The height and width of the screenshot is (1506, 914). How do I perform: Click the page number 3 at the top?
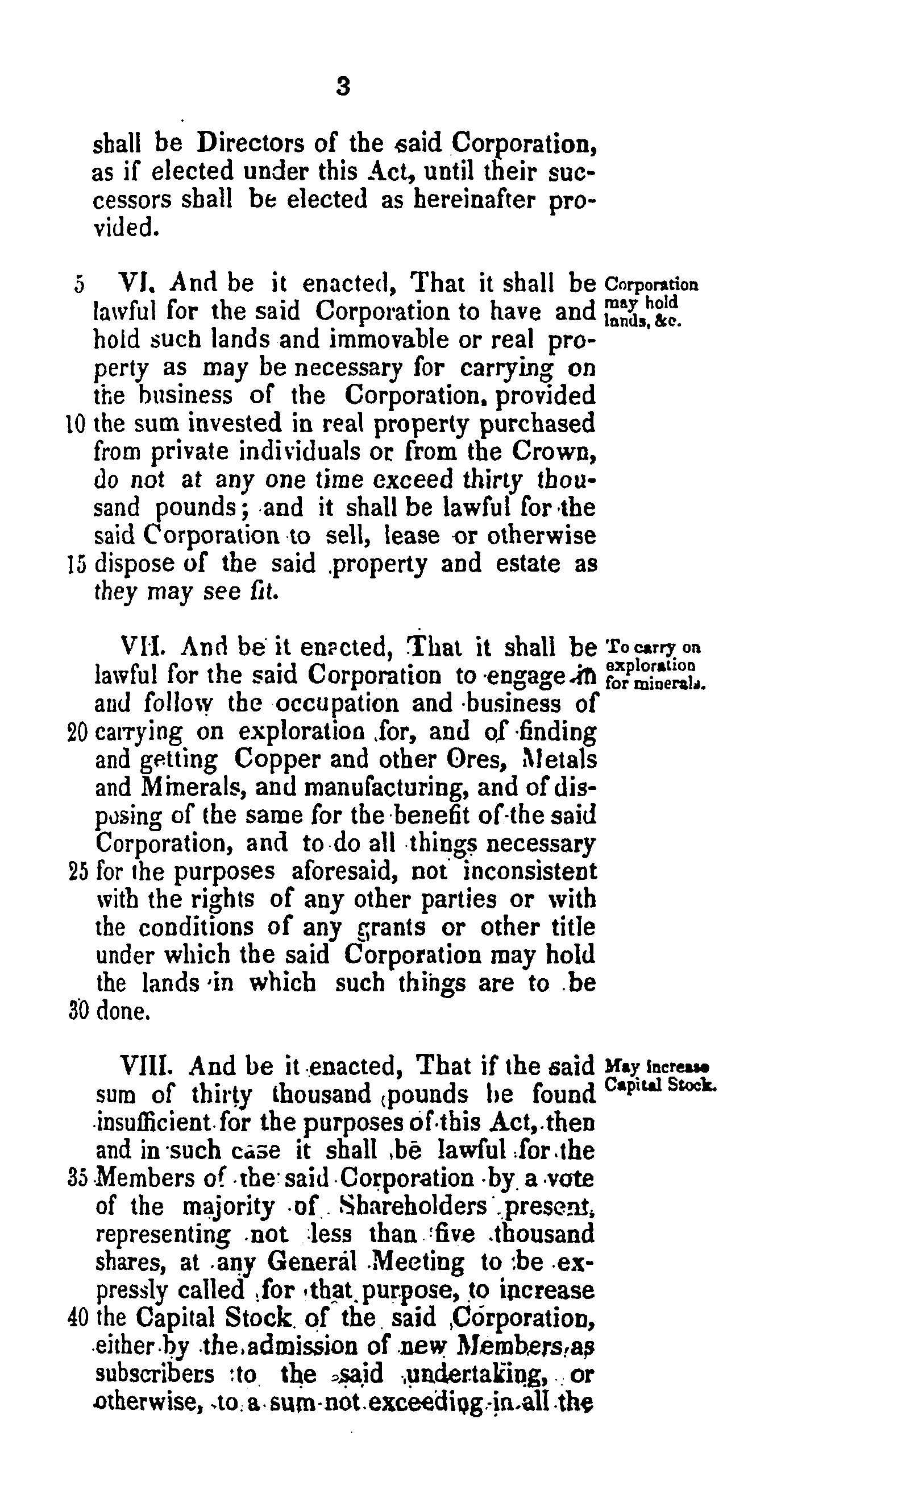tap(343, 88)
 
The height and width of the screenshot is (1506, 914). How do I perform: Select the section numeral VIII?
tap(146, 1066)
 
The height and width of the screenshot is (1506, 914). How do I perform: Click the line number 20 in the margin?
tap(79, 732)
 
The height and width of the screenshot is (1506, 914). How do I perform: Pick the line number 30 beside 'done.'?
tap(80, 1012)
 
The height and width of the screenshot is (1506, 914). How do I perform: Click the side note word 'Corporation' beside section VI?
tap(651, 285)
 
